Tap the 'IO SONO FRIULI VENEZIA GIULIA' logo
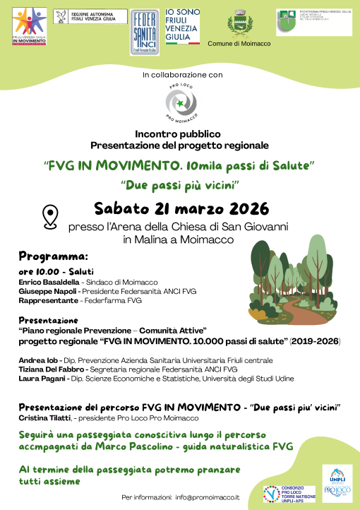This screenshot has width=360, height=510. (182, 29)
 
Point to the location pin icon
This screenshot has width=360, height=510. (50, 215)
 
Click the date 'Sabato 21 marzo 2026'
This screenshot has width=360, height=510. (182, 209)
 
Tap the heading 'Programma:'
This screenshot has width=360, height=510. (53, 255)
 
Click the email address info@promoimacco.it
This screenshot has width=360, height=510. (213, 497)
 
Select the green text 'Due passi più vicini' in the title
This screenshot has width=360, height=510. (181, 185)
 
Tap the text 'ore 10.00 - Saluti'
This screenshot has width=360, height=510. (56, 271)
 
